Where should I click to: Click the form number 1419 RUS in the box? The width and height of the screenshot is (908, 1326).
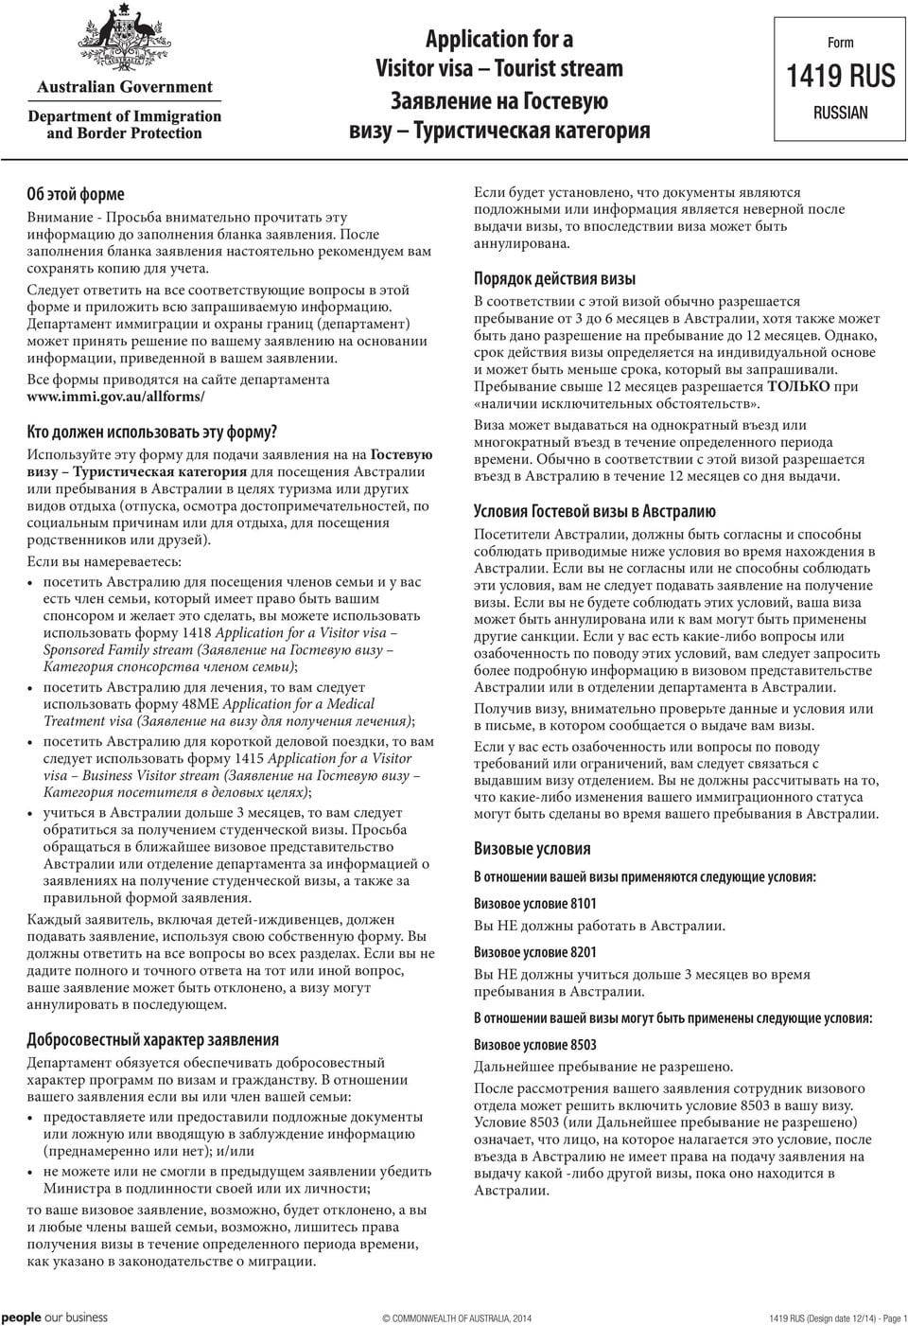[840, 76]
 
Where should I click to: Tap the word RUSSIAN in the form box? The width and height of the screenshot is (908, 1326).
[840, 113]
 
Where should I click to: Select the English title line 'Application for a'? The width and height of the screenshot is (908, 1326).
[498, 39]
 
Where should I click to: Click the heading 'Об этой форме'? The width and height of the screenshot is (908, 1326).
[75, 194]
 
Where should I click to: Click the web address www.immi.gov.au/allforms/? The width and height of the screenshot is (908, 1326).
[115, 398]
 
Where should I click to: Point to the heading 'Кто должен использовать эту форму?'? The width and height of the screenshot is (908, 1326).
[151, 433]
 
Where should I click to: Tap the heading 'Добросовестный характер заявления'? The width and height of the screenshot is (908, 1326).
[152, 1040]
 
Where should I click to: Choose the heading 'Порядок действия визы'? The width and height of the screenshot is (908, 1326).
[554, 279]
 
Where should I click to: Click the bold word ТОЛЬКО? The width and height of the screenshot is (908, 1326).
[799, 386]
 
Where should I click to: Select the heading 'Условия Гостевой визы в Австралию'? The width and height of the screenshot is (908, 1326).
[594, 512]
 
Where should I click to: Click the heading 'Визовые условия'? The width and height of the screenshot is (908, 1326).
[532, 848]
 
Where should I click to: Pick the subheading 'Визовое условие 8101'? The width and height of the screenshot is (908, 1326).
[534, 904]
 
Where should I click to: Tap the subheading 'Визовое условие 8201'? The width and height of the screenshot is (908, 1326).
[534, 952]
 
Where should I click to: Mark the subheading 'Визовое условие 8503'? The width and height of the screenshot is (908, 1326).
[534, 1044]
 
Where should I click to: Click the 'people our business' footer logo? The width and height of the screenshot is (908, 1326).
[54, 1317]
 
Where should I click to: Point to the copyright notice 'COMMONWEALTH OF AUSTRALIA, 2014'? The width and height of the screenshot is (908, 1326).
[457, 1318]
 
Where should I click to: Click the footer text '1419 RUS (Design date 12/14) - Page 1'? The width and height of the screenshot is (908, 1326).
[837, 1318]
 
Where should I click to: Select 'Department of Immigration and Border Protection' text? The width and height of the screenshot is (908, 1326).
[125, 125]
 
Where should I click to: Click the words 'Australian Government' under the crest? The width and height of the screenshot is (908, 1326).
[125, 87]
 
